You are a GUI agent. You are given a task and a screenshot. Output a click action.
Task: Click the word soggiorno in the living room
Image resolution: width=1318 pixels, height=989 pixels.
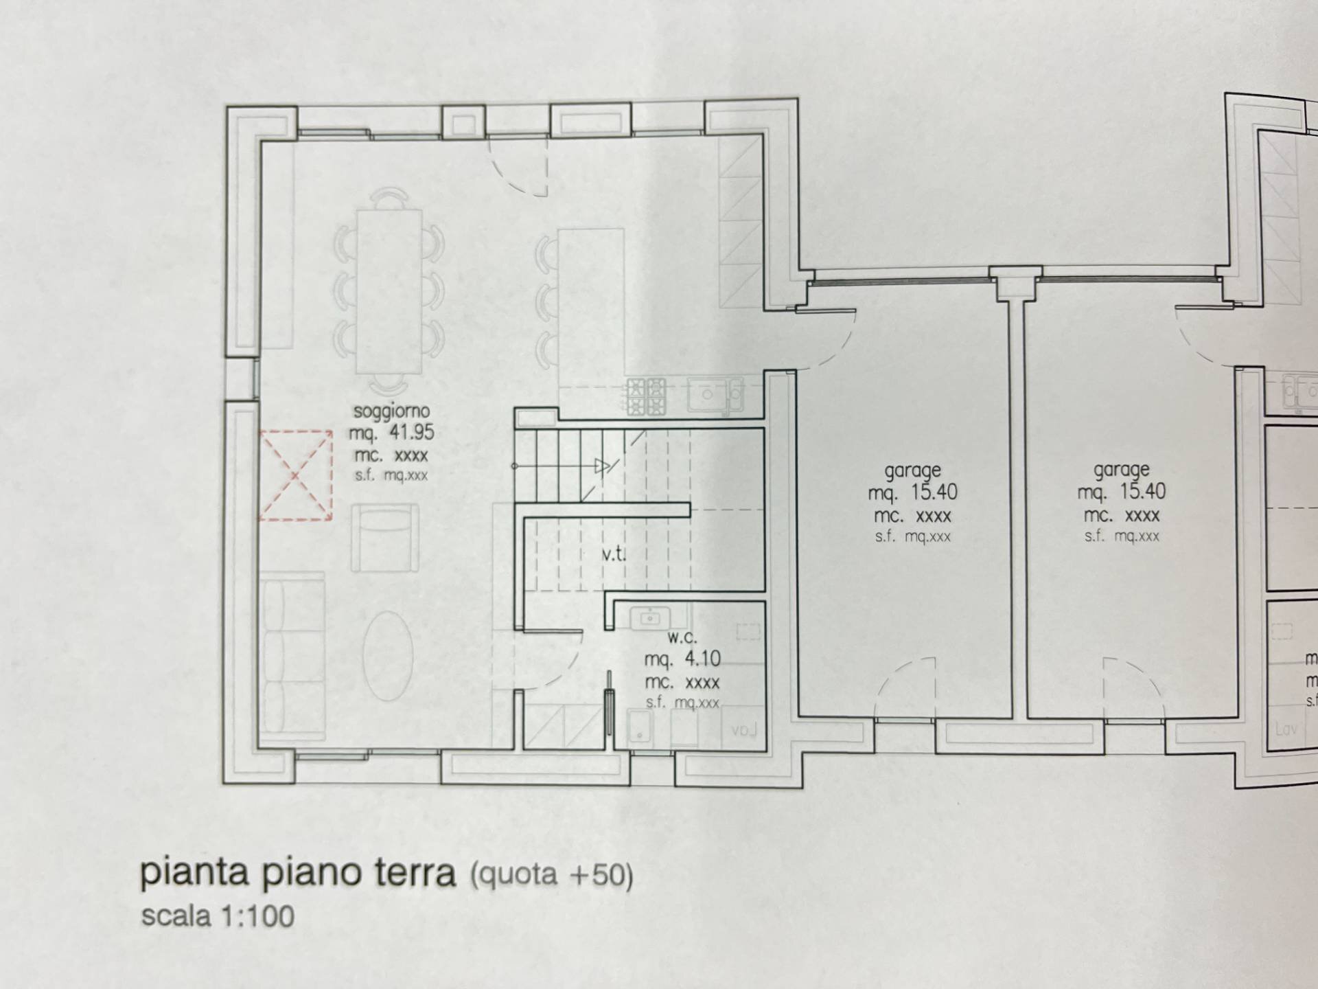tap(391, 411)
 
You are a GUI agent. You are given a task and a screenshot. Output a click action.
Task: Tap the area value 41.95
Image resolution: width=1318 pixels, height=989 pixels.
tap(411, 433)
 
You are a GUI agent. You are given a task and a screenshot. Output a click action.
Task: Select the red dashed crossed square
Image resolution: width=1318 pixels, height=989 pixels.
tap(296, 475)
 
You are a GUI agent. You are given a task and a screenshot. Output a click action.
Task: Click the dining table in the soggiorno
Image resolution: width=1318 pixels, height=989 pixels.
tap(389, 291)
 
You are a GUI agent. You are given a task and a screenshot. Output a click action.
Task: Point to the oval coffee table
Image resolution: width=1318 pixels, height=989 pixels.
tap(388, 655)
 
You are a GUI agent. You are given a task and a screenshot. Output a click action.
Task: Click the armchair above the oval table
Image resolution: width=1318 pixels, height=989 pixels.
tap(385, 538)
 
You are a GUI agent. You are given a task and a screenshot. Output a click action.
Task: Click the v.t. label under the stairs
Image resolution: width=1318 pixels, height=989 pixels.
tap(614, 554)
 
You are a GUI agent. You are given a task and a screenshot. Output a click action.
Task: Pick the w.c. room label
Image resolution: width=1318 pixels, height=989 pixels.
tap(682, 637)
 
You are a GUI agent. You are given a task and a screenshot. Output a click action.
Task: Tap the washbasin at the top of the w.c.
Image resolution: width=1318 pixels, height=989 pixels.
tap(649, 618)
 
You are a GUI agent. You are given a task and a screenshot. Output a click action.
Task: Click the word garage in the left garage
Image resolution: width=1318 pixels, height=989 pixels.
tap(912, 471)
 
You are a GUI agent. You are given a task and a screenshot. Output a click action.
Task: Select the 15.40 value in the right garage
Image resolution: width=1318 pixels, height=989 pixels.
tap(1142, 492)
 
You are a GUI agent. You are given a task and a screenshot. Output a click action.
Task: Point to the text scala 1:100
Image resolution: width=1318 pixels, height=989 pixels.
tap(218, 916)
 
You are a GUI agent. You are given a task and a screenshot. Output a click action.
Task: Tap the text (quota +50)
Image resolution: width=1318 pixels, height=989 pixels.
tap(551, 874)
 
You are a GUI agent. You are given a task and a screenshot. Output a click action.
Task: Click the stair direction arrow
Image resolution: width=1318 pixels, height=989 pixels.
tap(602, 467)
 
